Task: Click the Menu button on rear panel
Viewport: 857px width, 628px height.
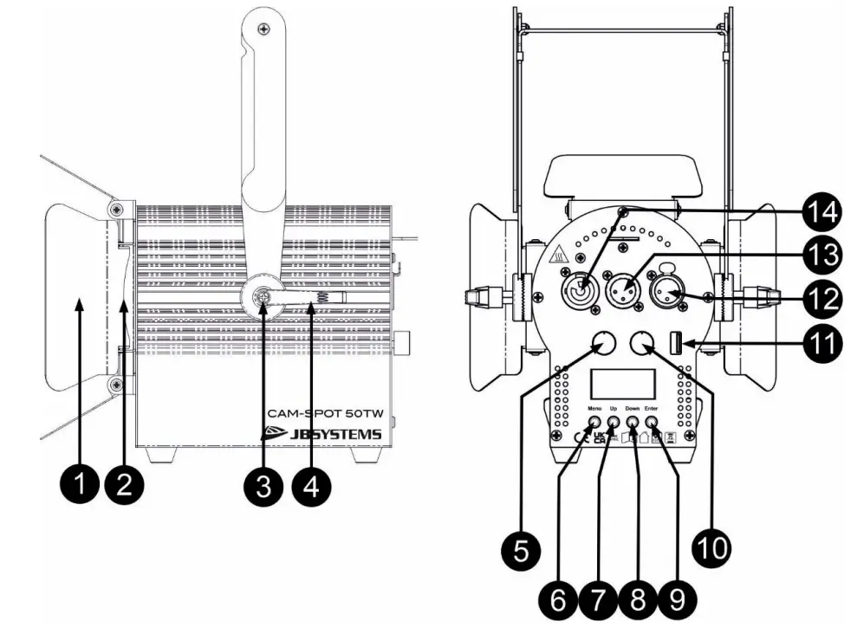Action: click(x=595, y=425)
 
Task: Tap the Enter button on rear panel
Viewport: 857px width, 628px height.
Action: click(x=652, y=425)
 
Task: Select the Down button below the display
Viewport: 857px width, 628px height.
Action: click(x=633, y=425)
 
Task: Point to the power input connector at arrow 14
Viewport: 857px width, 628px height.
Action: click(x=581, y=284)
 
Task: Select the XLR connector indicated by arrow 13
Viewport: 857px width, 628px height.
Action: click(x=625, y=284)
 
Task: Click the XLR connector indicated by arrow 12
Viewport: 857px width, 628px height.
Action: click(x=667, y=284)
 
